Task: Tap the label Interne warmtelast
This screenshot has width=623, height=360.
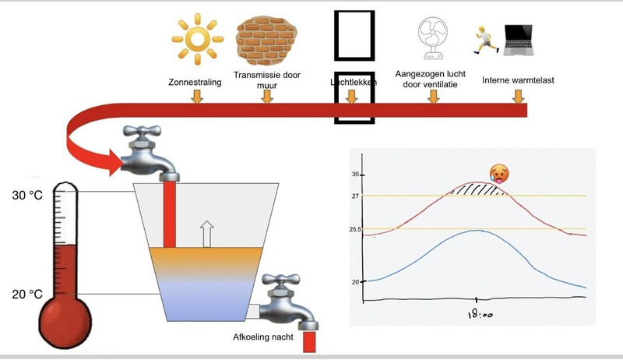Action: (516, 79)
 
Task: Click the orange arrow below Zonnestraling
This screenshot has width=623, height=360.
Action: (196, 97)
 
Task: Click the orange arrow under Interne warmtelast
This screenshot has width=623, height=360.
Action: (518, 97)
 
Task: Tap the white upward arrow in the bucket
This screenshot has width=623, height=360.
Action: (206, 233)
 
